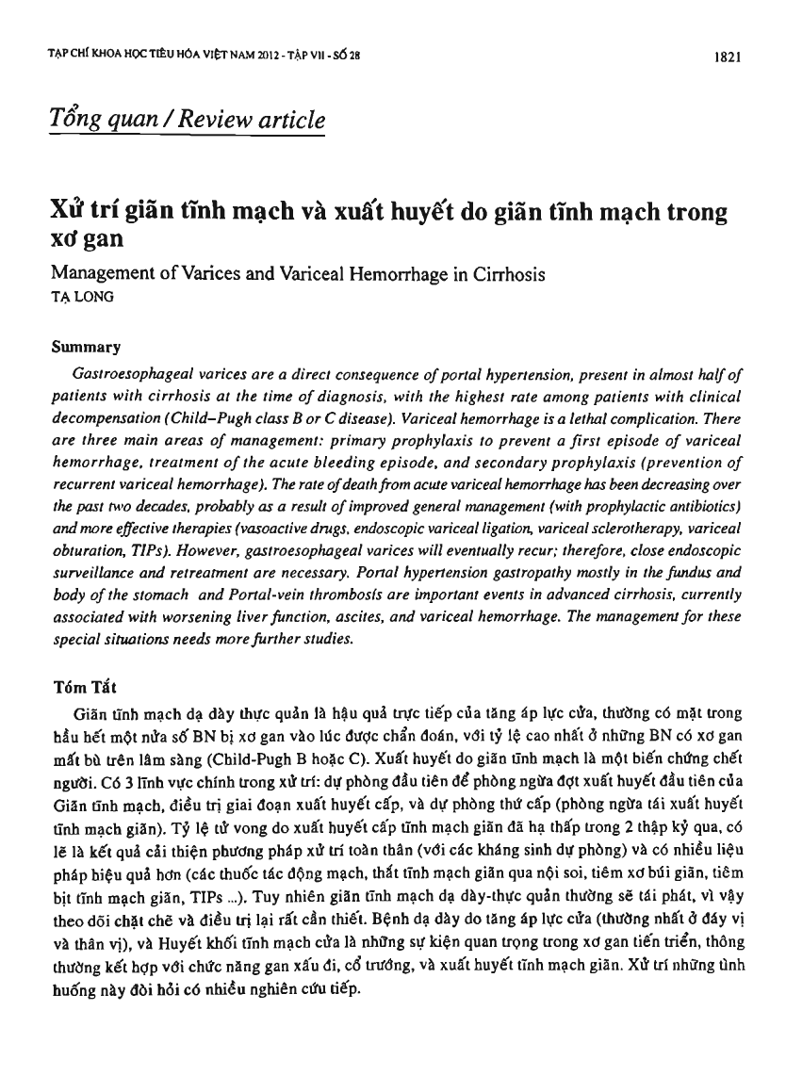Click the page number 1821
click(731, 56)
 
